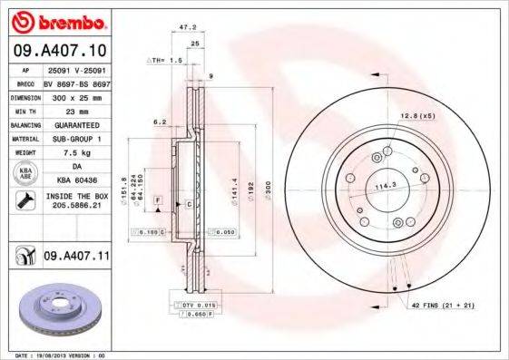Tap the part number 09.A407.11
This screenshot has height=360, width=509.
pos(75,257)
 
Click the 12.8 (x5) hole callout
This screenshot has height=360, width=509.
pos(417,115)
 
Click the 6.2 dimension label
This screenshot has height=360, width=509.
pos(160,121)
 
